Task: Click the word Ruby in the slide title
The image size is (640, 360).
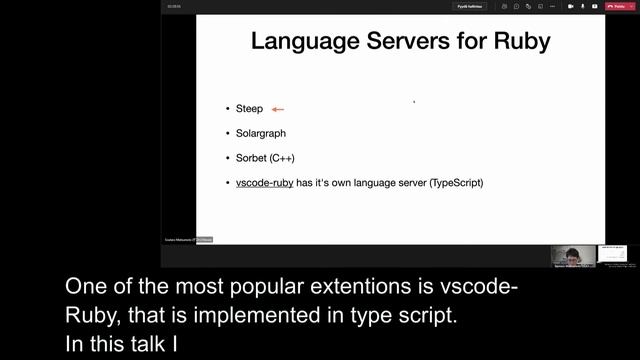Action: click(x=519, y=42)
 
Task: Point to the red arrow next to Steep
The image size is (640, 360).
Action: click(x=278, y=109)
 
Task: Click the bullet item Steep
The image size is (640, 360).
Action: click(x=249, y=108)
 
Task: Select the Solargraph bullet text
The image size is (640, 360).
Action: click(x=267, y=133)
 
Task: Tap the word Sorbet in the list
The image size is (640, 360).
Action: click(x=251, y=158)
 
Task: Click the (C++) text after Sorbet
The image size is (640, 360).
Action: click(x=282, y=158)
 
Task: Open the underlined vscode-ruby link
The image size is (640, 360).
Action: click(x=265, y=183)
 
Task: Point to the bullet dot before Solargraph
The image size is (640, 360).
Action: click(x=227, y=133)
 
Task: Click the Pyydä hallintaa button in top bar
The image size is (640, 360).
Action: click(x=470, y=6)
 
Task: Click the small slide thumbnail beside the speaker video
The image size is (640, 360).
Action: click(x=616, y=256)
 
